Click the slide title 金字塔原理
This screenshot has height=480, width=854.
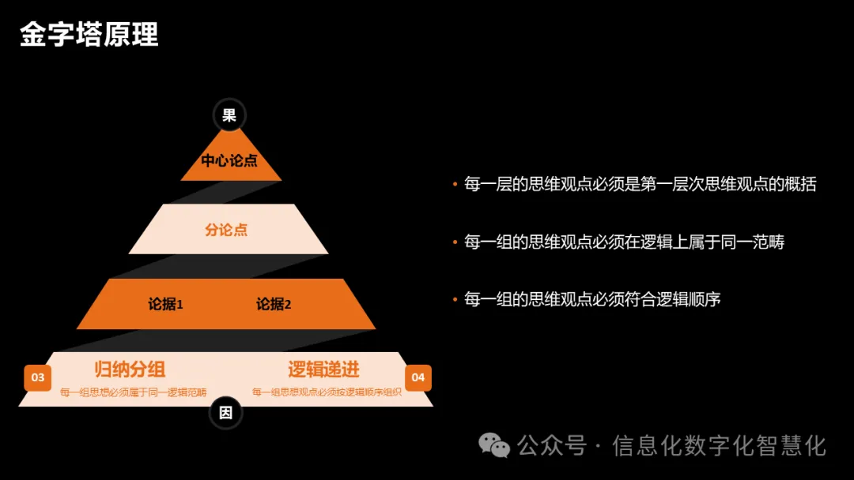click(89, 35)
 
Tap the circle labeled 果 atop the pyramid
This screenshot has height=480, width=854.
click(229, 115)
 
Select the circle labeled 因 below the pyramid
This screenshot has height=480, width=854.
click(226, 412)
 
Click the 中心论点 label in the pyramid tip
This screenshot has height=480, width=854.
click(229, 161)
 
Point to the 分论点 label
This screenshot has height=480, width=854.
click(226, 231)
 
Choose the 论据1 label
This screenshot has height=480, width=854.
click(166, 304)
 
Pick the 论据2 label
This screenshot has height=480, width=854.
click(274, 304)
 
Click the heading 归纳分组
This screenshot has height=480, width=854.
click(130, 369)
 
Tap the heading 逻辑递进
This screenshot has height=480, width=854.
click(323, 369)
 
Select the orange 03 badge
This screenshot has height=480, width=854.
click(38, 377)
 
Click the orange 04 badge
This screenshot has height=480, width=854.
click(418, 377)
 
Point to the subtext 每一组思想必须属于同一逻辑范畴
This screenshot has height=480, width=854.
click(133, 392)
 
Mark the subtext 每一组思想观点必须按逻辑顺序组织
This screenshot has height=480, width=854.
click(327, 392)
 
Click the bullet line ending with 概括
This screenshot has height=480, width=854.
click(640, 185)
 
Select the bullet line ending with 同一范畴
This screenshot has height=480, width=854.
click(624, 242)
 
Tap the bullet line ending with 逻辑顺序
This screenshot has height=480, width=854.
click(592, 300)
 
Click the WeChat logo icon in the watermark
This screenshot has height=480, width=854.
click(496, 446)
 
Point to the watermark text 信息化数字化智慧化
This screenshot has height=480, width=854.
click(719, 446)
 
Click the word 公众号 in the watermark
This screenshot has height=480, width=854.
click(552, 446)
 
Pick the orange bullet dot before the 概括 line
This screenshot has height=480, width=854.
click(455, 185)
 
